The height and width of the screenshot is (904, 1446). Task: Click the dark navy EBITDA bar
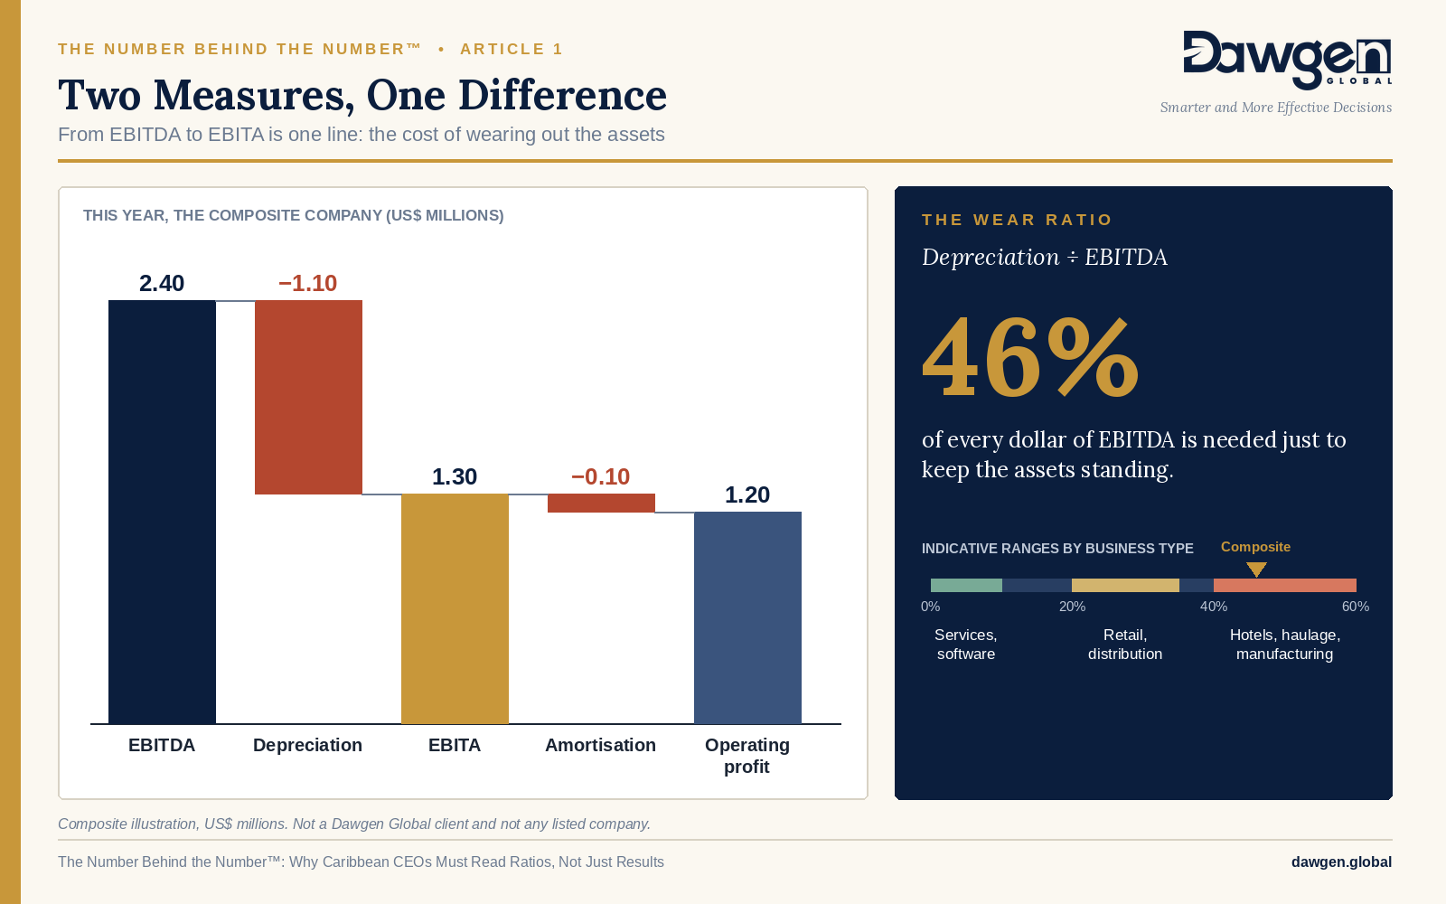[x=162, y=512]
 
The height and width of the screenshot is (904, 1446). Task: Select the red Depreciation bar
[x=308, y=397]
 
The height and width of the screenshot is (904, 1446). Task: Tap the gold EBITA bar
[x=455, y=609]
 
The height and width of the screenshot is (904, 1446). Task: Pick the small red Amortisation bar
[x=602, y=503]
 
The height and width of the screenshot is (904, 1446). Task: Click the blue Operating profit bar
[x=747, y=618]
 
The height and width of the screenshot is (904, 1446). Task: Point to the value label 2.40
[x=162, y=284]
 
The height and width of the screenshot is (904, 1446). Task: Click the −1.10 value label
[x=308, y=284]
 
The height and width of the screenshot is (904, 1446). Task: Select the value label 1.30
[x=455, y=476]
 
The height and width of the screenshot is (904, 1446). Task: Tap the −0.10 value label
[x=600, y=476]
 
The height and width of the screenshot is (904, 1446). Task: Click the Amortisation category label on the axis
[x=600, y=745]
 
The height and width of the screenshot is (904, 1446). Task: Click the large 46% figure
[x=1030, y=358]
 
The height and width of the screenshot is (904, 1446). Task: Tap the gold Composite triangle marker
[x=1256, y=570]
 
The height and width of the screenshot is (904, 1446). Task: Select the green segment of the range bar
[x=966, y=586]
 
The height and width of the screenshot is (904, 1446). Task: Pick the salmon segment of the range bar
[x=1284, y=586]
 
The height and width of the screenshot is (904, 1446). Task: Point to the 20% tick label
[x=1072, y=607]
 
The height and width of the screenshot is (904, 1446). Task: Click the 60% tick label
[x=1356, y=607]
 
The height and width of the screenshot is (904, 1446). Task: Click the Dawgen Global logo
[x=1288, y=60]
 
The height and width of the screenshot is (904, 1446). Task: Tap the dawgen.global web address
[x=1341, y=862]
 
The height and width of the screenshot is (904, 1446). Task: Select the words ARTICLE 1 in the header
[x=512, y=49]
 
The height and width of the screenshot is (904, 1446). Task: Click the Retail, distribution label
[x=1125, y=645]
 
